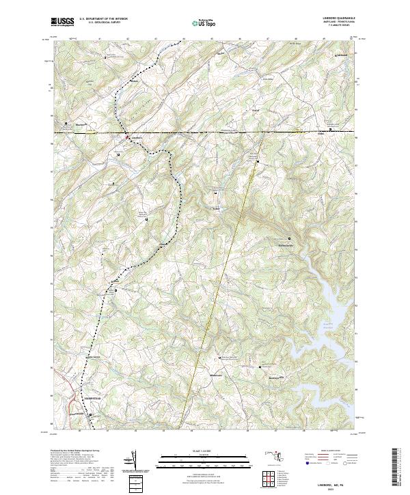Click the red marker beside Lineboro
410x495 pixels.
point(126,138)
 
